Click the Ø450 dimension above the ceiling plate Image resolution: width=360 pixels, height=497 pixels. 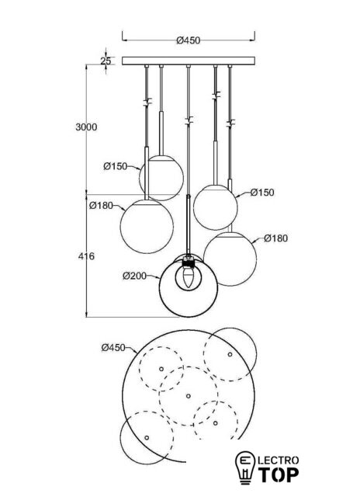[x=189, y=40]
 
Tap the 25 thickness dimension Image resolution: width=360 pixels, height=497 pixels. [x=106, y=61]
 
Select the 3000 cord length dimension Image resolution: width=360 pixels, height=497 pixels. [x=86, y=127]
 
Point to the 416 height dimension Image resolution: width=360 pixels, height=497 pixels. [x=86, y=255]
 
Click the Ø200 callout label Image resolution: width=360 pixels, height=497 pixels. [x=135, y=276]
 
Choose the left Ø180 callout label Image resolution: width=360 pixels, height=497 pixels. [x=101, y=205]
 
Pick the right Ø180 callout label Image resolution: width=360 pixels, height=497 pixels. [x=276, y=238]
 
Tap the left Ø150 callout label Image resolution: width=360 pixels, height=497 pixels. [x=116, y=166]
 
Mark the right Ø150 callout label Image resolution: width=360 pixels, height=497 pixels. [x=262, y=193]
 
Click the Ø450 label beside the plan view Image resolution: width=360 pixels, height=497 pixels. [x=113, y=348]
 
